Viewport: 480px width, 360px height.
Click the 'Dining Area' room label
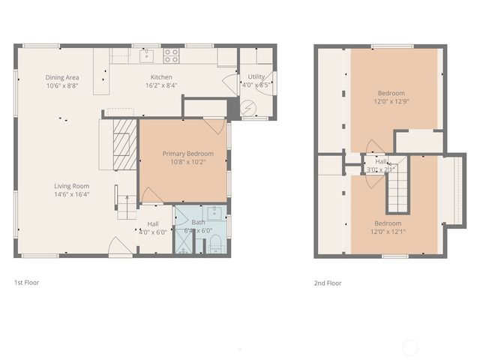click(x=62, y=77)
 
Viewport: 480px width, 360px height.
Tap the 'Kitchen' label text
click(x=161, y=77)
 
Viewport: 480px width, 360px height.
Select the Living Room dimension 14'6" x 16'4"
click(x=71, y=194)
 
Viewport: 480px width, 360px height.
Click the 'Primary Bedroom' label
click(x=188, y=154)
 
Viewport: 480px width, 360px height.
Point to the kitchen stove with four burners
click(x=172, y=55)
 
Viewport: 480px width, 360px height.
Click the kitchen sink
click(x=148, y=55)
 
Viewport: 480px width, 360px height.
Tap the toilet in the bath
click(x=214, y=242)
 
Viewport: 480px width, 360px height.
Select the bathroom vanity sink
click(x=214, y=211)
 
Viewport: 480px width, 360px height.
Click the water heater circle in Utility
click(x=248, y=109)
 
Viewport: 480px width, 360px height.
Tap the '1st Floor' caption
click(x=26, y=283)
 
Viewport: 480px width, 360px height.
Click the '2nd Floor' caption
click(x=328, y=283)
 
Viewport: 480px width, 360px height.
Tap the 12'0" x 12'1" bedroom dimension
click(x=388, y=232)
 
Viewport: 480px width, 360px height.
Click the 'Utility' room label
click(x=256, y=77)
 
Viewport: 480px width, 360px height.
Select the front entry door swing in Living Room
click(x=116, y=245)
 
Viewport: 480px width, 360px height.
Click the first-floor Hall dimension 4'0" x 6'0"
click(x=153, y=232)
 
